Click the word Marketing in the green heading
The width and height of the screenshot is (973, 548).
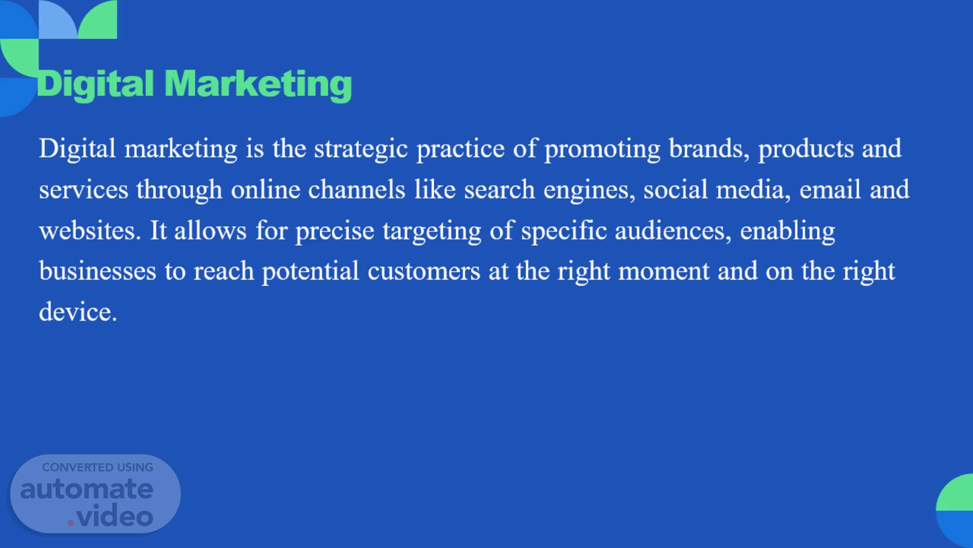coord(258,85)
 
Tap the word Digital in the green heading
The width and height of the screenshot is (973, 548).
coord(95,85)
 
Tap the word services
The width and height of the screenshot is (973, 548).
coord(84,190)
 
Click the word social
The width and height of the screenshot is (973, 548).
coord(676,189)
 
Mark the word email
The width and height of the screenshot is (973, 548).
coord(830,189)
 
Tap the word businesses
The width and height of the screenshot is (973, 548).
coord(98,271)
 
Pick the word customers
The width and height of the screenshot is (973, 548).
coord(424,272)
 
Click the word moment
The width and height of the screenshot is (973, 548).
coord(664,272)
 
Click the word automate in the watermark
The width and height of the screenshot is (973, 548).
coord(87,489)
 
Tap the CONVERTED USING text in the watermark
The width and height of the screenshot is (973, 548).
coord(97,467)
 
